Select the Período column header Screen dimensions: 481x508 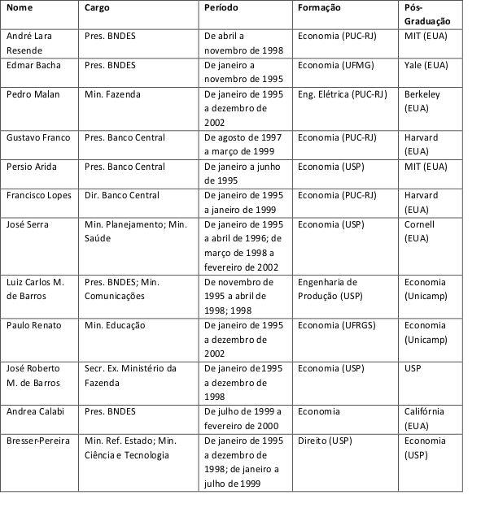tap(223, 8)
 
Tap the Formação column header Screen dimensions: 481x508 tap(320, 8)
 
